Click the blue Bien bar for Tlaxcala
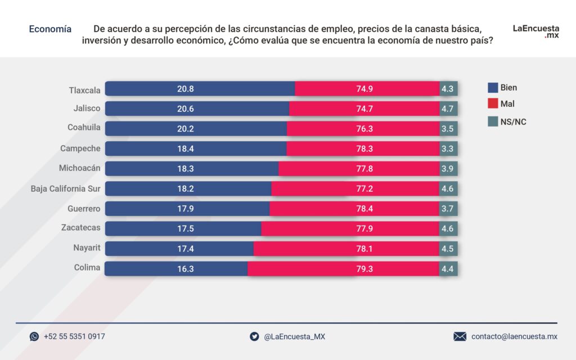tap(200, 88)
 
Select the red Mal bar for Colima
tap(343, 269)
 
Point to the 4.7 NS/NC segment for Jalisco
tap(448, 109)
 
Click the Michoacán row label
tap(80, 168)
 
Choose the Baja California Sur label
tap(65, 188)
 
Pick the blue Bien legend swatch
tap(493, 88)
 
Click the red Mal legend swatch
tap(493, 104)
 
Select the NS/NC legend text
tap(513, 121)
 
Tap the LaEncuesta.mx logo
tap(535, 31)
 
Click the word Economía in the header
tap(50, 29)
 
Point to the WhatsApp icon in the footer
tap(34, 336)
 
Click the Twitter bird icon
tap(254, 336)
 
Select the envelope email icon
tap(460, 336)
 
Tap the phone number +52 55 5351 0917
tap(74, 336)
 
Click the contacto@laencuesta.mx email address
tap(514, 336)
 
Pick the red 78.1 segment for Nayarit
tap(346, 249)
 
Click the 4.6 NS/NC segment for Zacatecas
tap(448, 228)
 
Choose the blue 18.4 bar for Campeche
tap(195, 148)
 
